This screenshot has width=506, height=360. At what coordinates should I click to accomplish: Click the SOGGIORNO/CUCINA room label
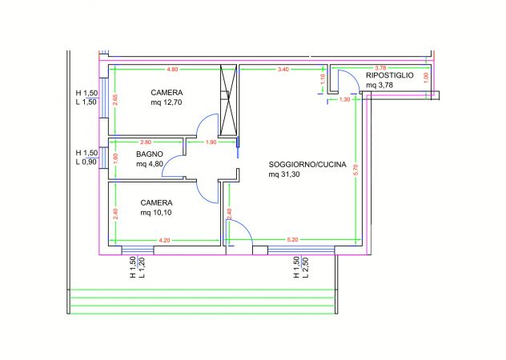(307, 165)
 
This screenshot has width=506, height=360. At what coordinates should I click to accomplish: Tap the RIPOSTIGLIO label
(390, 74)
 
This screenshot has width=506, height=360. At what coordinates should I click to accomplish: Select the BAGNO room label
(150, 154)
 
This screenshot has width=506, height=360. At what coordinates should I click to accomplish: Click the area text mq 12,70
(167, 102)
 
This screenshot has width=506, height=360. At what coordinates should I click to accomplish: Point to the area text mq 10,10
(157, 213)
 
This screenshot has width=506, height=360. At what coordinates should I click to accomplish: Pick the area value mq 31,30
(285, 175)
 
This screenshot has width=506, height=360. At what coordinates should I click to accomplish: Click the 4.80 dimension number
(172, 70)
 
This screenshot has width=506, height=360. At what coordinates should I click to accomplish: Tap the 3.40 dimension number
(283, 70)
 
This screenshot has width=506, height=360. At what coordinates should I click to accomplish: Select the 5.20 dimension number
(292, 239)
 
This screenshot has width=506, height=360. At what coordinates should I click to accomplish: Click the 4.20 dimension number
(164, 239)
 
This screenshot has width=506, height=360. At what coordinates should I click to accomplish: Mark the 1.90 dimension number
(211, 142)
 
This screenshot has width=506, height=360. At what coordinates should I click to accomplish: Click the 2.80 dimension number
(146, 142)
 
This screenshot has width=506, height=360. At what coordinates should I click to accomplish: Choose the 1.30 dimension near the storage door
(344, 99)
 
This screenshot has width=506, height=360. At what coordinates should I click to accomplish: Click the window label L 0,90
(86, 162)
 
